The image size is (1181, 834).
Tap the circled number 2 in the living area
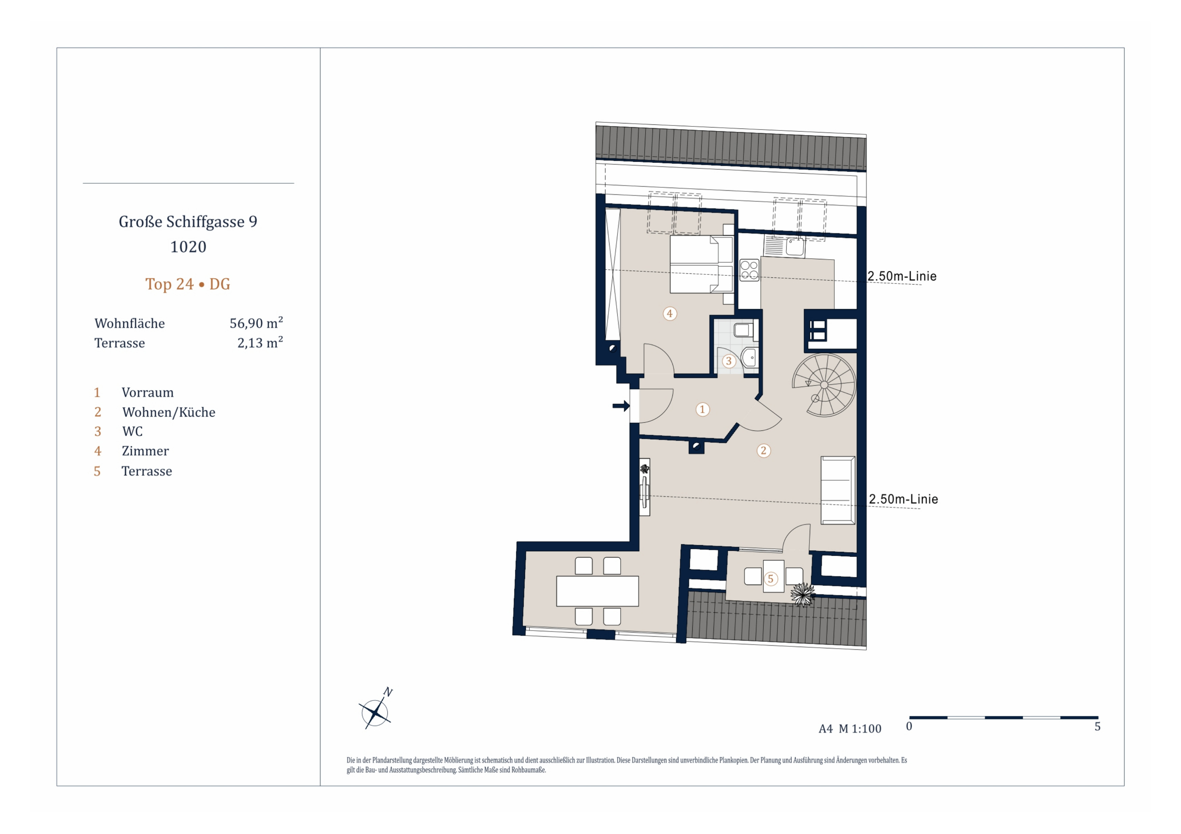(763, 451)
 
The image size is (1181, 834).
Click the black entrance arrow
(621, 406)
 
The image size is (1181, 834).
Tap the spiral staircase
(824, 385)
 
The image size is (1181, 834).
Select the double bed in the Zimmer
(702, 264)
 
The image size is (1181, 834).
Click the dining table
(597, 591)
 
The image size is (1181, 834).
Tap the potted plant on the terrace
(802, 595)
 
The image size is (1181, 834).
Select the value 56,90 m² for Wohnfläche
(256, 323)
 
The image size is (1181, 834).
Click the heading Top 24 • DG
(188, 284)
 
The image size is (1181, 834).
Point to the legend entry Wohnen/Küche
(169, 412)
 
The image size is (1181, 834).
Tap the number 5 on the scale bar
(1097, 726)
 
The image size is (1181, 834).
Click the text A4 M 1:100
(850, 729)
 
